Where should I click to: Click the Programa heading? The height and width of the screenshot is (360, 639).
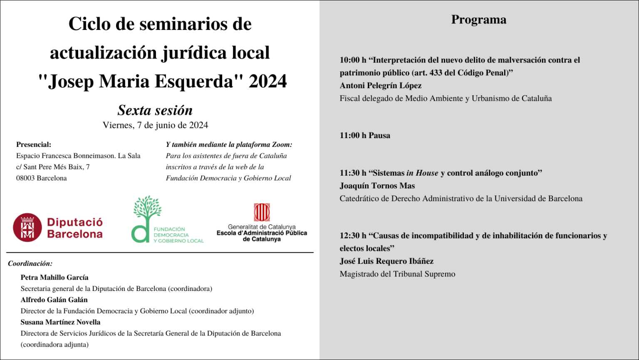pos(478,20)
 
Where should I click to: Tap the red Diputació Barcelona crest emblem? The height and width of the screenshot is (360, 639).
pos(27,228)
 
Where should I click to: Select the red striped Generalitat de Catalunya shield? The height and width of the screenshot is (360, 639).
pos(262,212)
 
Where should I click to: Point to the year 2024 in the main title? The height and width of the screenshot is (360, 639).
pos(267,81)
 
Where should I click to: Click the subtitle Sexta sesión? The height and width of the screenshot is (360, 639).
pos(155,110)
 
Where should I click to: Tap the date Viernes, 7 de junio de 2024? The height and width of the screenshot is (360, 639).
pos(155,125)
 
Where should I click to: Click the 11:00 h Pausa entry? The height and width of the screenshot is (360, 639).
pos(365,135)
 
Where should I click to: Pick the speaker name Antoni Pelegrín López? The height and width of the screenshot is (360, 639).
pos(380,86)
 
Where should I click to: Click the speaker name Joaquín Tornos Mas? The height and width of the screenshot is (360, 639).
pos(377,186)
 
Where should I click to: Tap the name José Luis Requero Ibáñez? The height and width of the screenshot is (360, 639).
pos(386,261)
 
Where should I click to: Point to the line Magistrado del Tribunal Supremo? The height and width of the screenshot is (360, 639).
pos(397,274)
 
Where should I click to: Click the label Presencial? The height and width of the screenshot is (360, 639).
pos(34,144)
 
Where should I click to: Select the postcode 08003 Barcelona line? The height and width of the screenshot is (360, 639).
pos(42,178)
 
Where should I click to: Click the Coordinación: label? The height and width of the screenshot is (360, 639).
pos(30,263)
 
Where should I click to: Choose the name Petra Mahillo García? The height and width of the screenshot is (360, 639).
pos(54,277)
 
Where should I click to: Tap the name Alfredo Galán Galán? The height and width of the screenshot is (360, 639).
pos(54,300)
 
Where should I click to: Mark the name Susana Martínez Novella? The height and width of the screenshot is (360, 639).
pos(60,322)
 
